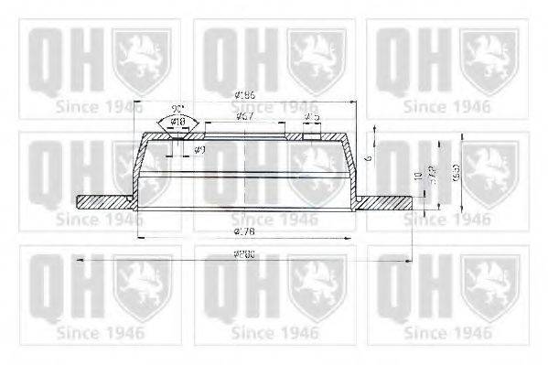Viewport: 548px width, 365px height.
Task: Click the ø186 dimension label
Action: click(245, 94)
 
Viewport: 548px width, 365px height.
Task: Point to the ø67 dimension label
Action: click(244, 117)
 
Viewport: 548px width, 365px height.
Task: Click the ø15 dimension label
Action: click(311, 117)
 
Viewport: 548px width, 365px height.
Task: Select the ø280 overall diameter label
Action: click(244, 253)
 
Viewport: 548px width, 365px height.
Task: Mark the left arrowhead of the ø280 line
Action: click(80, 260)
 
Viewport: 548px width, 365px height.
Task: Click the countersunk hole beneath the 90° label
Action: click(177, 136)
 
